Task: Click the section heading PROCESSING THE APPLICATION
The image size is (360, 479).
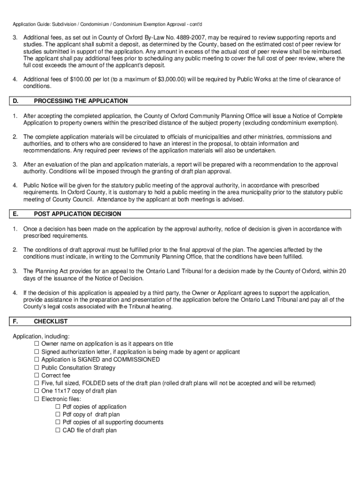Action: (x=80, y=101)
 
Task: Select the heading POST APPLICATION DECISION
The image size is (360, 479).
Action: (x=77, y=214)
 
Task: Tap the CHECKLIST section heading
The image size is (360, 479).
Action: (x=50, y=322)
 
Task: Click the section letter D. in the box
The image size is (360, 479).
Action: (x=16, y=101)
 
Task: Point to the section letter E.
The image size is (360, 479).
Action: (x=16, y=214)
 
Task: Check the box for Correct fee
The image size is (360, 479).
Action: (x=37, y=376)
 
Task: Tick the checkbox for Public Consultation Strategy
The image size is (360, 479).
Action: (x=37, y=368)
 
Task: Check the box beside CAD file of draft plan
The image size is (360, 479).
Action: (x=58, y=430)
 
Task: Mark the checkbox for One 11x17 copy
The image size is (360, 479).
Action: (x=37, y=391)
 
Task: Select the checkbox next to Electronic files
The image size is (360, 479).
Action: (x=37, y=399)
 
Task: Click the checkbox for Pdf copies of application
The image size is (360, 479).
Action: (x=58, y=407)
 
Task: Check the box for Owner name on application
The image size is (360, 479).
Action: (x=37, y=344)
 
